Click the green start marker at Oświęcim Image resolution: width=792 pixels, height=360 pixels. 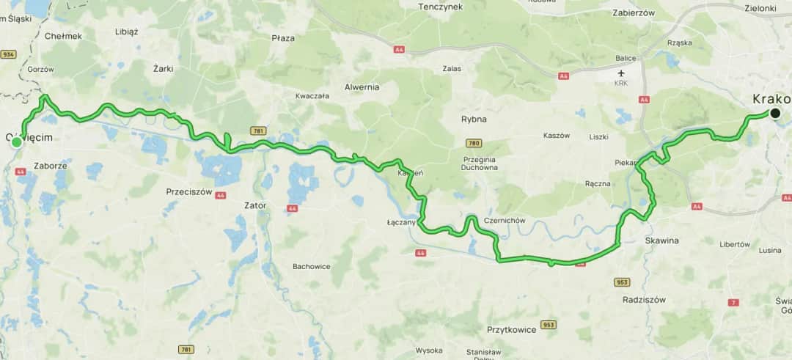pos(16,142)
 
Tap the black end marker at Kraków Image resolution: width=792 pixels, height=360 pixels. pos(774,113)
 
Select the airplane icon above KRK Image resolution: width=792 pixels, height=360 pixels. pos(623,73)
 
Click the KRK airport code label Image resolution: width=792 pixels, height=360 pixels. pos(623,84)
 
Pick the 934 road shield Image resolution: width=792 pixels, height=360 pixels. pos(9,54)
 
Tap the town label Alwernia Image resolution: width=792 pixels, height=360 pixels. pos(362,87)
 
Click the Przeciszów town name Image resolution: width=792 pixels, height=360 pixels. pos(188,191)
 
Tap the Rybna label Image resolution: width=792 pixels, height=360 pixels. pos(474,119)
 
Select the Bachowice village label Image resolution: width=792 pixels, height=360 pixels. pos(312,265)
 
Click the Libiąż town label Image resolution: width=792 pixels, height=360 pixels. pos(127,32)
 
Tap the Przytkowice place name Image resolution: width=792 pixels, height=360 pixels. pos(511,329)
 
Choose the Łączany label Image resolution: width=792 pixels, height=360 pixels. pos(401,221)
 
